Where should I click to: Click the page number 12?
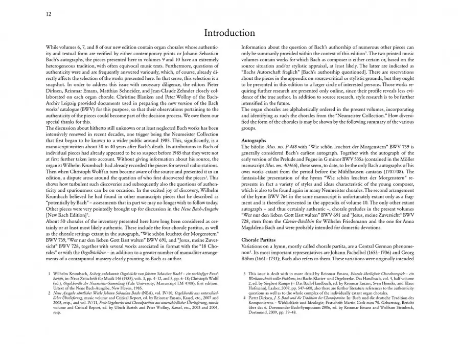tap(49, 14)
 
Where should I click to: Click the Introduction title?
tap(229, 33)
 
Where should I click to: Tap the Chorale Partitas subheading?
tap(261, 240)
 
